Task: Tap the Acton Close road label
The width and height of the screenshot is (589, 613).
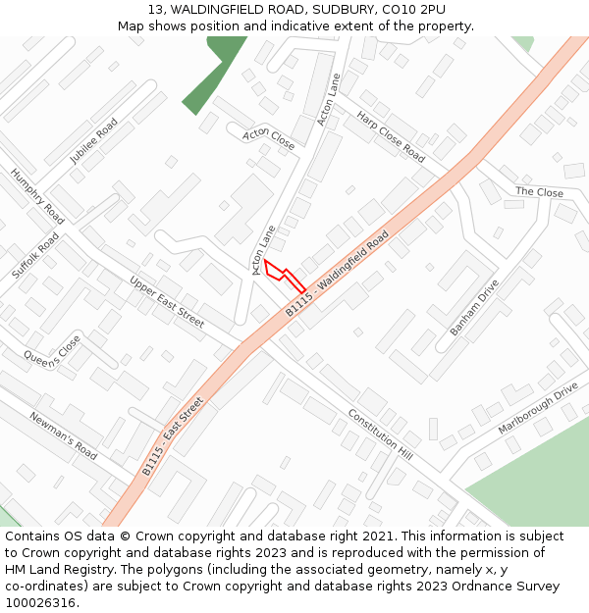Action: (269, 137)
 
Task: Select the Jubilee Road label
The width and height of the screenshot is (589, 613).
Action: (93, 140)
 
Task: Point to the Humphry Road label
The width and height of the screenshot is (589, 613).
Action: (37, 195)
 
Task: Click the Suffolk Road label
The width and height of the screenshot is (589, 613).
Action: (36, 256)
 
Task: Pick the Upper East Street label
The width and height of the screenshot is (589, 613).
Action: (167, 301)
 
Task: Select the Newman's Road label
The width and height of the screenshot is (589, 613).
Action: (64, 435)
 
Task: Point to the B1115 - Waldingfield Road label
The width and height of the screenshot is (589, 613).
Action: (338, 273)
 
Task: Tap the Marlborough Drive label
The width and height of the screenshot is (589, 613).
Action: (538, 407)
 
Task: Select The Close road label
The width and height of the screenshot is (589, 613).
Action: (539, 192)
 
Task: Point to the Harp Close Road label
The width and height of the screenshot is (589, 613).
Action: (391, 136)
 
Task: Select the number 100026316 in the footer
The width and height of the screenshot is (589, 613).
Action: (40, 603)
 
